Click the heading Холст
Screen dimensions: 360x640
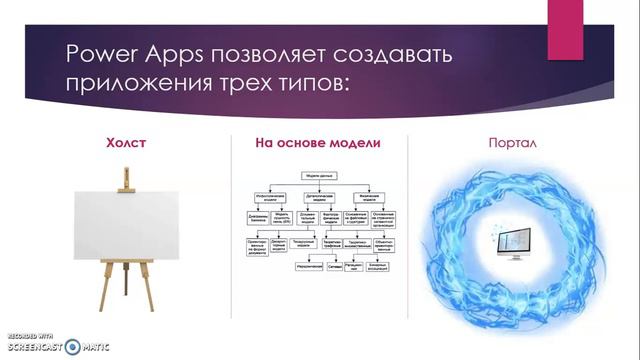click(126, 143)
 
